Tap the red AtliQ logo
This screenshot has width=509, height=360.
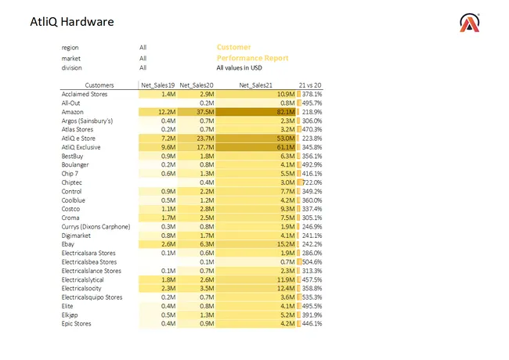pos(470,23)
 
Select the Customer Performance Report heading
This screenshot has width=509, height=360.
pos(252,52)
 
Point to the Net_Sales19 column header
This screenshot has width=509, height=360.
pos(157,85)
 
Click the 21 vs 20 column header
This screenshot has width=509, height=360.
pos(310,85)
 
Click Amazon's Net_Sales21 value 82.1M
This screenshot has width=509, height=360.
pos(283,112)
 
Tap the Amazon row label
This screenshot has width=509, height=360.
pos(73,112)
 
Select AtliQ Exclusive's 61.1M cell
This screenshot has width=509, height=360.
pos(283,147)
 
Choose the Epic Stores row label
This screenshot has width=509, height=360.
pos(77,323)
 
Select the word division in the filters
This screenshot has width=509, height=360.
pos(72,68)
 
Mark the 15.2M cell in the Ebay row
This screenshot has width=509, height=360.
pos(283,244)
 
